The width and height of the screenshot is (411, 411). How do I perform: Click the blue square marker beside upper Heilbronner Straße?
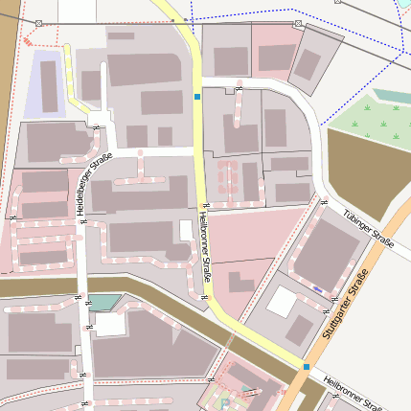click(x=197, y=97)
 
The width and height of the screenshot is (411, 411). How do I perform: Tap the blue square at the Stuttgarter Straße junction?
click(x=307, y=366)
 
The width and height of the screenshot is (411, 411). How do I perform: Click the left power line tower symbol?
click(x=38, y=22)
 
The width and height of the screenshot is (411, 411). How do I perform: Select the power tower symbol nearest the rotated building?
click(x=298, y=23)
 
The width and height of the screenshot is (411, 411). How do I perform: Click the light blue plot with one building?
click(x=44, y=84)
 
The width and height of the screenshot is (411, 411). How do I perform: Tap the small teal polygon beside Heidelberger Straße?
click(x=102, y=303)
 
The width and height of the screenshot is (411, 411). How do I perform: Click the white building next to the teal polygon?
click(x=109, y=324)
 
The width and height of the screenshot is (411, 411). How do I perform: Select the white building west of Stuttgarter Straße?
click(x=282, y=303)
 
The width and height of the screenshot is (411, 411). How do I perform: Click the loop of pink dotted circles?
click(x=226, y=177)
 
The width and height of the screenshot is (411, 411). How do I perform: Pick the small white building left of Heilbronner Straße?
click(x=186, y=230)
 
